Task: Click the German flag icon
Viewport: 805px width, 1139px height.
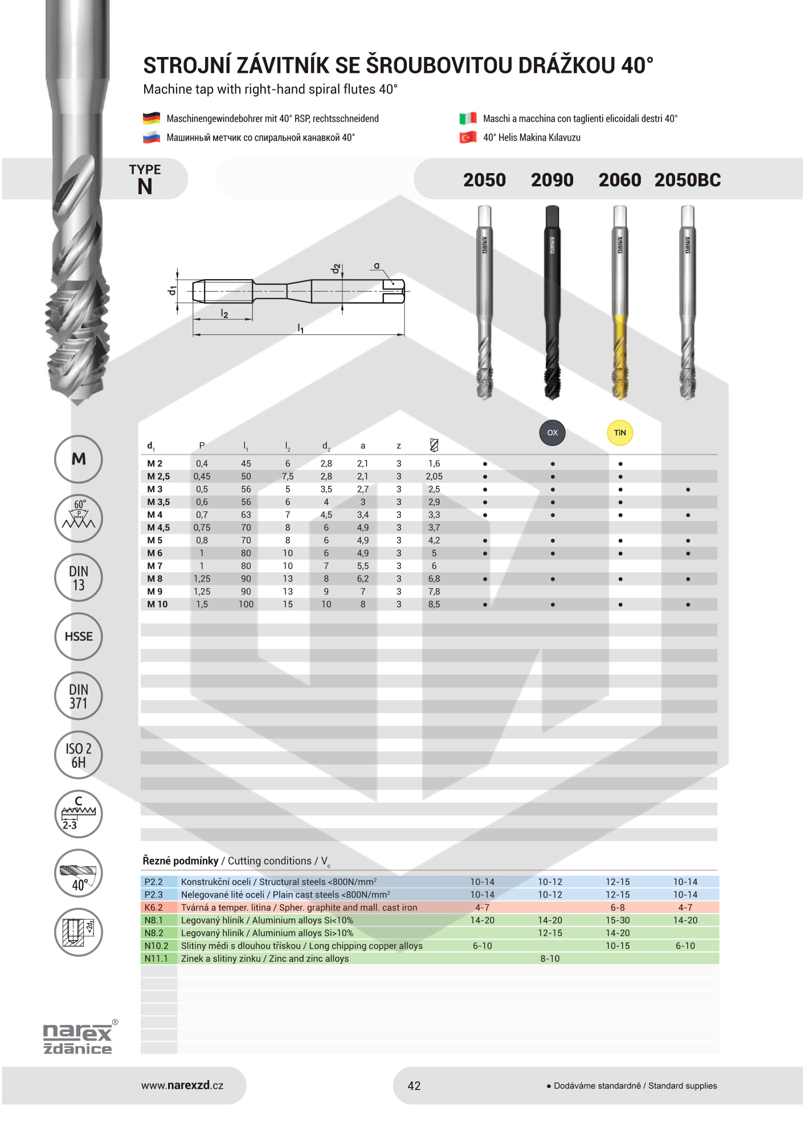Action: (x=151, y=118)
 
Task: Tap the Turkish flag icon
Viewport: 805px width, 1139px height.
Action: (x=468, y=137)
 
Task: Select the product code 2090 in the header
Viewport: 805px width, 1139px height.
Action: (x=552, y=180)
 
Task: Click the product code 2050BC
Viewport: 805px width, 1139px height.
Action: (x=688, y=180)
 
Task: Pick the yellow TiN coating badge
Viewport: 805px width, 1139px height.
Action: (x=620, y=433)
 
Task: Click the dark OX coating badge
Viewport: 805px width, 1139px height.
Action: (x=553, y=433)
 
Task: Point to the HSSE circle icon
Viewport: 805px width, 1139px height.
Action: (x=79, y=637)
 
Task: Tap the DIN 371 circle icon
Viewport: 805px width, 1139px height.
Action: (x=79, y=696)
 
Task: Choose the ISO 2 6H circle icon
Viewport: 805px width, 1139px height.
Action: (x=79, y=755)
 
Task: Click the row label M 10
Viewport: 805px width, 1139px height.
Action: (x=157, y=604)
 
